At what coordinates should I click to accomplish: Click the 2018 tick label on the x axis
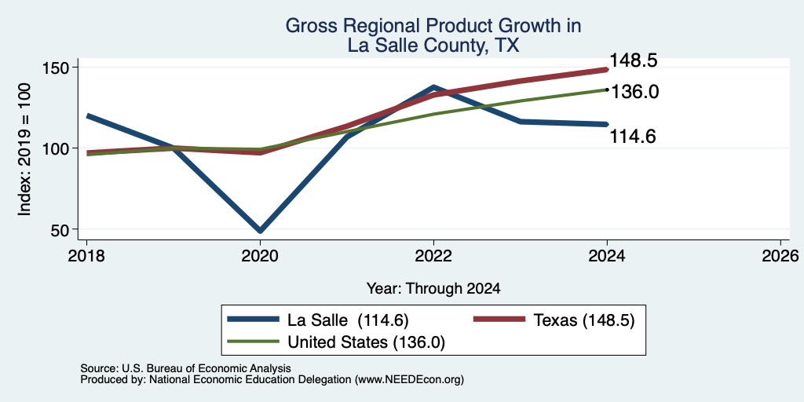click(86, 255)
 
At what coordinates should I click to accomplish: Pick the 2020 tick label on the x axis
click(260, 255)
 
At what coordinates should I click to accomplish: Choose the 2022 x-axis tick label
click(433, 255)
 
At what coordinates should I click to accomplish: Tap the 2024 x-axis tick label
click(607, 255)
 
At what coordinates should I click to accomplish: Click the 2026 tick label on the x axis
click(780, 255)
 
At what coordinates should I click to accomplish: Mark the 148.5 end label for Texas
click(634, 61)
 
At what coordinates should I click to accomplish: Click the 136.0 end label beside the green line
click(634, 93)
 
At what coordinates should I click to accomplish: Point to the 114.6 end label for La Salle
click(633, 137)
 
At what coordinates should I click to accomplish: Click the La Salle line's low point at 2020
click(260, 231)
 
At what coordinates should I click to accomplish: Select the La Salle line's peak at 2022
click(433, 88)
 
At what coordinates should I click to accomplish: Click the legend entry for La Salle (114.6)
click(318, 320)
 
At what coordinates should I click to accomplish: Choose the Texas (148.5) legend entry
click(554, 320)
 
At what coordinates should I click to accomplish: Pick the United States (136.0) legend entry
click(336, 342)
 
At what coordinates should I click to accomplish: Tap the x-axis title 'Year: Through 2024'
click(433, 289)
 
